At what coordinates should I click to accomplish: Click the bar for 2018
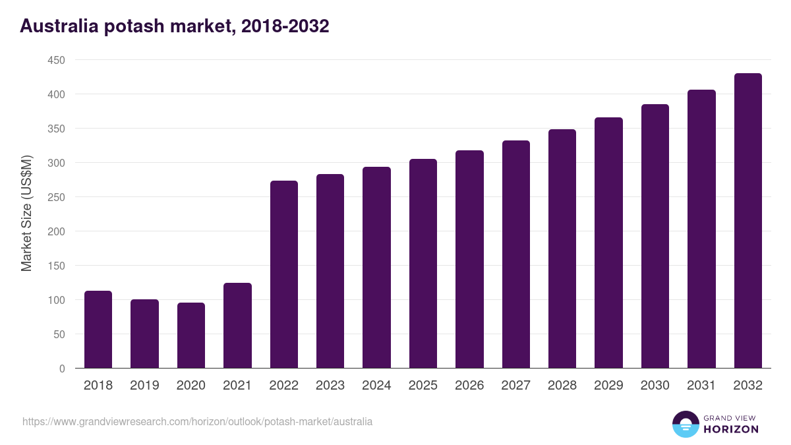[98, 330]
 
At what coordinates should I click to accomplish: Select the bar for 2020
[191, 336]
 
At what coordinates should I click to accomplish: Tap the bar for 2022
[284, 274]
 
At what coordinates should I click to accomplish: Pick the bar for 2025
[423, 264]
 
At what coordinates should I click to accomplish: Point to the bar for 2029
[608, 243]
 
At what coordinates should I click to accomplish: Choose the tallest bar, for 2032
[747, 221]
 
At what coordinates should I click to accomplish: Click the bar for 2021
[237, 326]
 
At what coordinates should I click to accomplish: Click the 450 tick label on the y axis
[56, 61]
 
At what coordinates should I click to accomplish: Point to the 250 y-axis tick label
[56, 197]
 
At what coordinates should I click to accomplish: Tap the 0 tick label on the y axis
[62, 369]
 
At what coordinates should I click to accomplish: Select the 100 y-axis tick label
[56, 300]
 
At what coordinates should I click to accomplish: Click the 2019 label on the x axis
[144, 386]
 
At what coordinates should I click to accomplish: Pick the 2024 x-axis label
[376, 386]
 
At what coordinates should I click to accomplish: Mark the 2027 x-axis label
[515, 386]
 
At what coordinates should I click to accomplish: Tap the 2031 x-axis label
[701, 386]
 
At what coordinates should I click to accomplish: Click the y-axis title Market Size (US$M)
[26, 214]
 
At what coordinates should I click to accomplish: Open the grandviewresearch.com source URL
[197, 421]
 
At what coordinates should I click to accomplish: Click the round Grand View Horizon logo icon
[686, 424]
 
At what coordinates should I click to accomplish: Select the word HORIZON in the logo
[730, 429]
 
